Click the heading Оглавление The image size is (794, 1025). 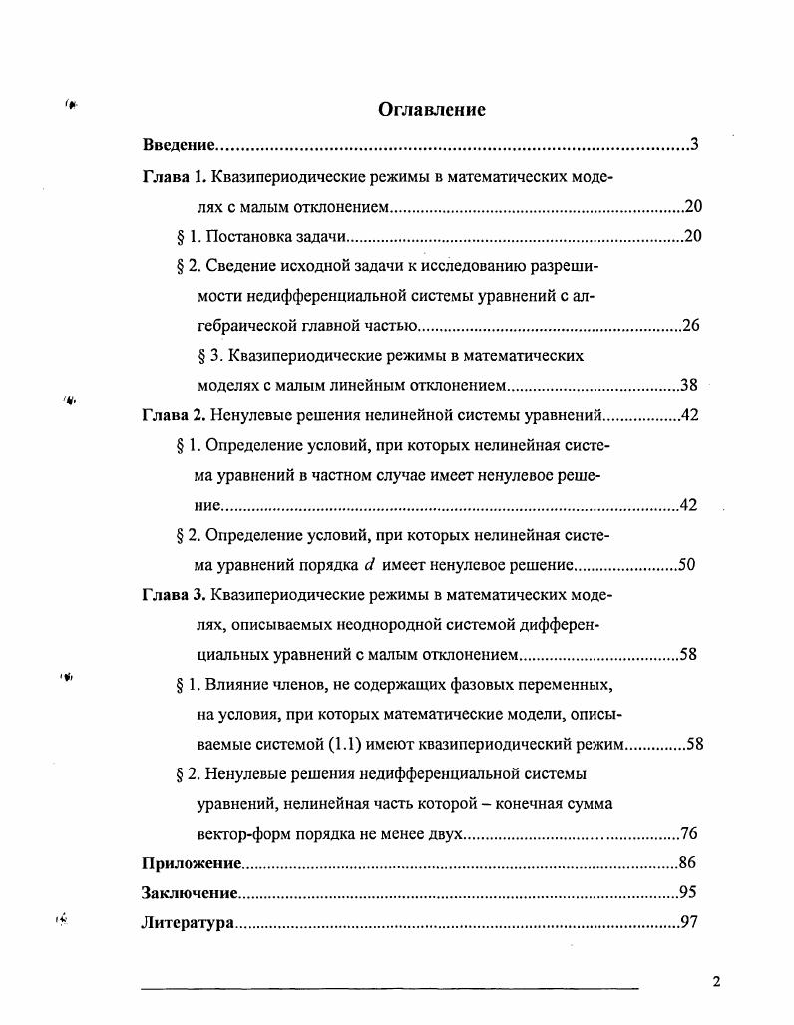point(432,110)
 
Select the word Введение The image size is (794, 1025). point(179,146)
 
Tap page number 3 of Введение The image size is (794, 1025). point(693,146)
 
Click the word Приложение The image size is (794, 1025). point(193,863)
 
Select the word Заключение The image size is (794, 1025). point(190,893)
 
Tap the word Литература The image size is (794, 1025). point(188,923)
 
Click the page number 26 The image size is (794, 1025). point(688,325)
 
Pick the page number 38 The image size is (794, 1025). point(688,385)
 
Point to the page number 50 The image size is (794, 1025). point(686,565)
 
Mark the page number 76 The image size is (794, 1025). point(687,833)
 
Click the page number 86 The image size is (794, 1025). point(687,863)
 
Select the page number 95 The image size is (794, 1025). point(687,893)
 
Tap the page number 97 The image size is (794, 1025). point(687,923)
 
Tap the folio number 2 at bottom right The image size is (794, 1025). point(716,981)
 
